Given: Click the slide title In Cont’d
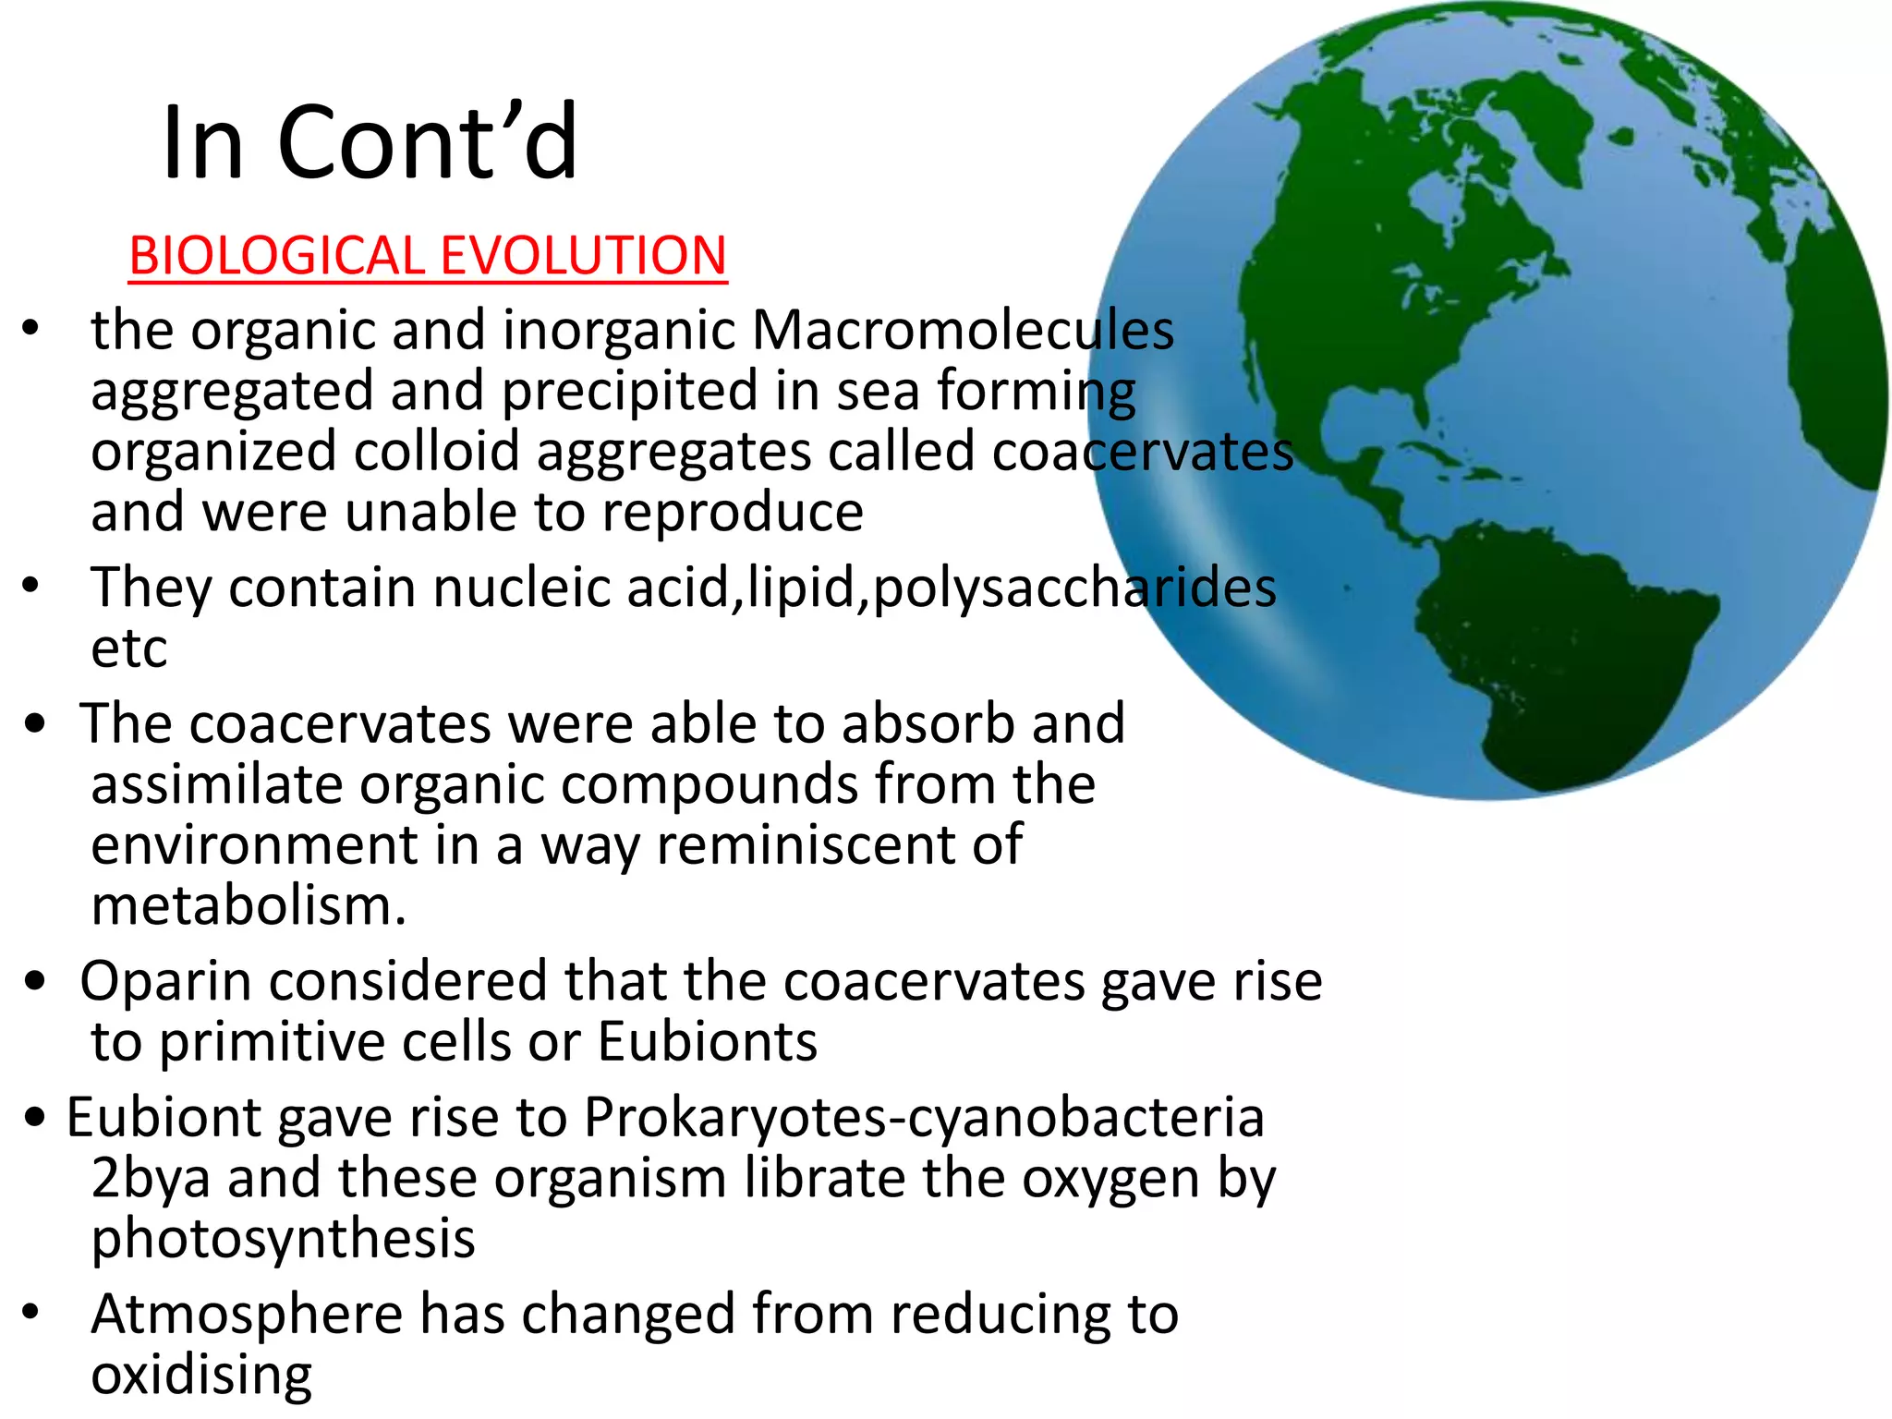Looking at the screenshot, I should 370,143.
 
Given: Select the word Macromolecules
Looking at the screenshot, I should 963,330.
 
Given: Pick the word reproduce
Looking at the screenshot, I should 733,513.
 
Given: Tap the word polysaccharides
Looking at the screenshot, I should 1074,588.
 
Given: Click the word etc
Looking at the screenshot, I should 129,649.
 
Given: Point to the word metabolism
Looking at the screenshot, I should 249,906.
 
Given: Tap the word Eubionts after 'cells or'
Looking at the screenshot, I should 708,1042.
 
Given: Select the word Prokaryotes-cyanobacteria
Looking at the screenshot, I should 924,1118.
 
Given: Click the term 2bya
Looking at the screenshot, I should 151,1180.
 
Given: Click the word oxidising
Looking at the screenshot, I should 201,1375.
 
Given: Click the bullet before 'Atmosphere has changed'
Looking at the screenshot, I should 31,1313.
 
